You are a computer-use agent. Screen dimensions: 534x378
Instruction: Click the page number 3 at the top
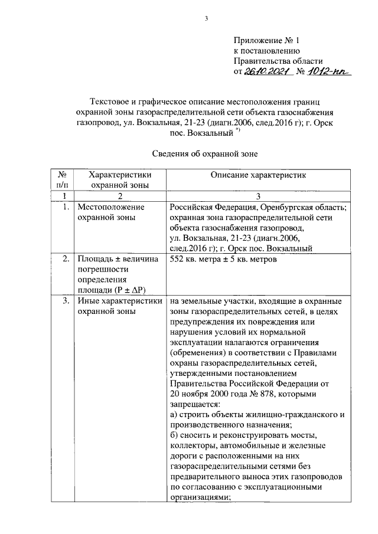coord(207,18)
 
